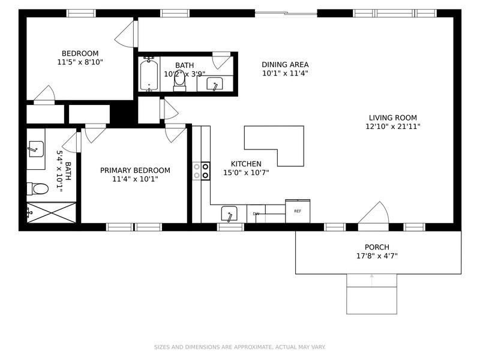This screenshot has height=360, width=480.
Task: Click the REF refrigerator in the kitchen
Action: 298,211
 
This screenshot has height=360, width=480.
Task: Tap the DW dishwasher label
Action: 256,214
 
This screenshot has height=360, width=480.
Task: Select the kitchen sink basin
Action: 229,214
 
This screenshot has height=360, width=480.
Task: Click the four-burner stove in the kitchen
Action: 201,171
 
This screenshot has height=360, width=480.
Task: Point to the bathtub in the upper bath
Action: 149,74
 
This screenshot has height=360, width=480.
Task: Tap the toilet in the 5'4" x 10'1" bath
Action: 38,188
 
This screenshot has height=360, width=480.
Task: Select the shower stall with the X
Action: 52,212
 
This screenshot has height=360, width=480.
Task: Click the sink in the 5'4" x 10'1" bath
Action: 36,149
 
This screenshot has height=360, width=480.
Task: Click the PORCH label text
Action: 377,247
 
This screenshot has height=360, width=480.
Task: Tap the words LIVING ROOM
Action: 393,118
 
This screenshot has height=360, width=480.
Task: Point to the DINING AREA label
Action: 285,65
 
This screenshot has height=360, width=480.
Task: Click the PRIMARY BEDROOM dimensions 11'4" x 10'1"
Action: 135,179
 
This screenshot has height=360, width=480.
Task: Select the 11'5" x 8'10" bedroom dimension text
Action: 80,62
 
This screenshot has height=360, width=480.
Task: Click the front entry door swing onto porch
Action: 373,212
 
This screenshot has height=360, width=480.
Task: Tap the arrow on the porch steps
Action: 371,280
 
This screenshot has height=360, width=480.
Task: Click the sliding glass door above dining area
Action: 286,13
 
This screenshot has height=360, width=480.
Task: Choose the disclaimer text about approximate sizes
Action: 239,347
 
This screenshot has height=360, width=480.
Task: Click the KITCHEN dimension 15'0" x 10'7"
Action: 246,173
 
